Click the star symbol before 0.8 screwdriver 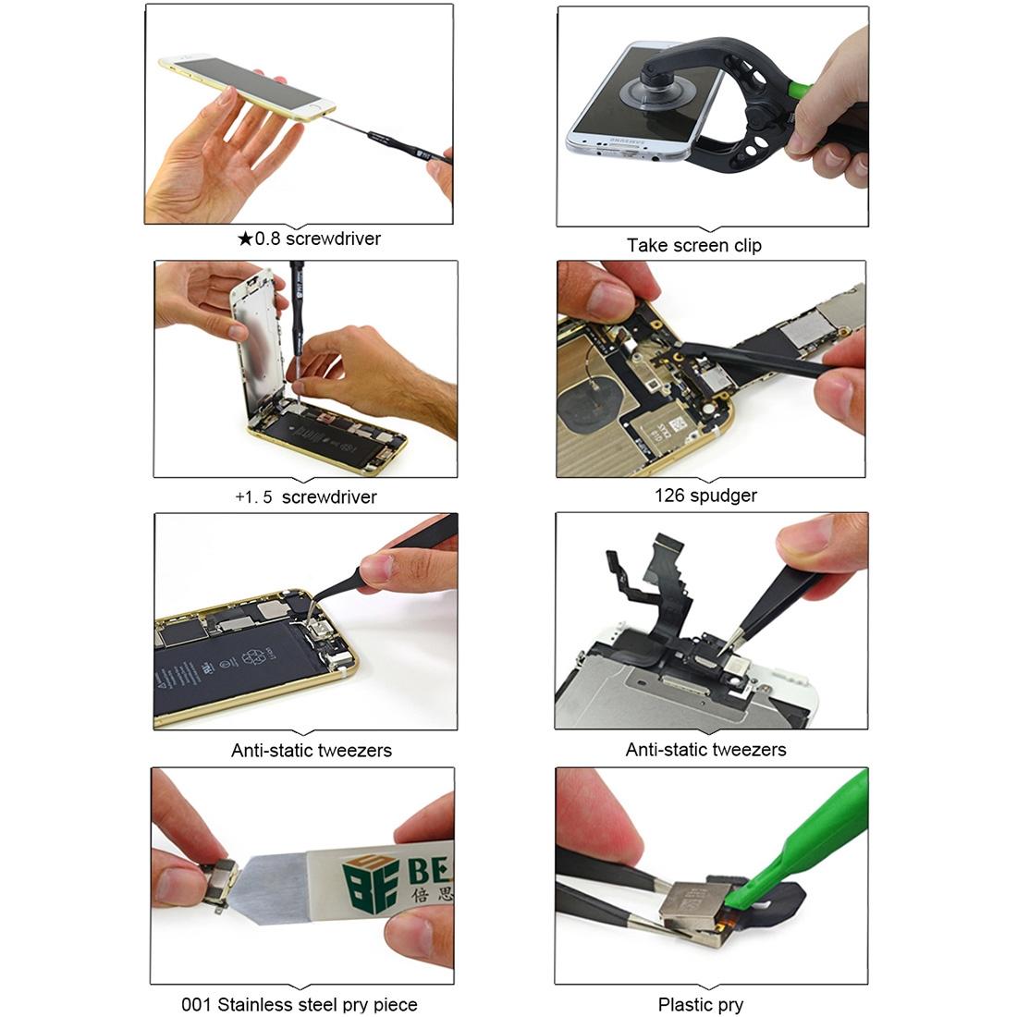pyautogui.click(x=245, y=239)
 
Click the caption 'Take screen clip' pyautogui.click(x=693, y=246)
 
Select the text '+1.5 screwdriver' pyautogui.click(x=305, y=497)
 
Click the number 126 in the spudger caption pyautogui.click(x=669, y=496)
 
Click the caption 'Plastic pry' pyautogui.click(x=700, y=1005)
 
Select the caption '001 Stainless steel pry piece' pyautogui.click(x=299, y=1004)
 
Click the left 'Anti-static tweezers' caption pyautogui.click(x=311, y=751)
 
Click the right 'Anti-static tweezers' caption pyautogui.click(x=705, y=750)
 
